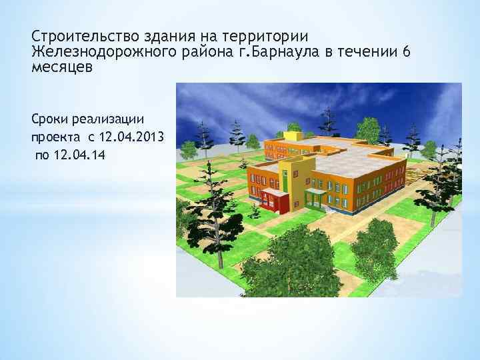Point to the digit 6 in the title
tap(406, 52)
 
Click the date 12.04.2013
tap(132, 137)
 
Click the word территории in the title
tap(270, 35)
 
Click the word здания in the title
tap(155, 35)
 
